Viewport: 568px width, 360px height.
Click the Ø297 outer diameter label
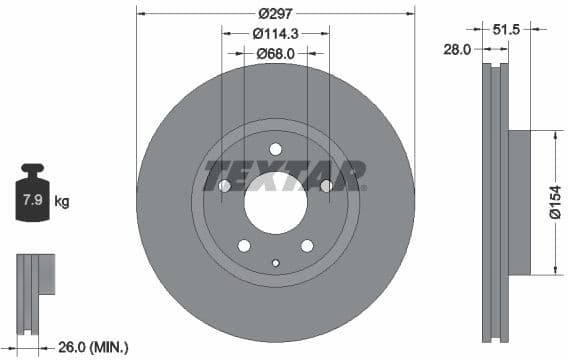click(275, 14)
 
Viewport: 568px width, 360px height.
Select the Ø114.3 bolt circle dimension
click(275, 33)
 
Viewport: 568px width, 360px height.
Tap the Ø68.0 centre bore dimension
click(275, 53)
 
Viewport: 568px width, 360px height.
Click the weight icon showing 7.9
click(32, 199)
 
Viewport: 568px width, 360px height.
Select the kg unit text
click(62, 202)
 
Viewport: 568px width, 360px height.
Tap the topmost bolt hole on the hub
click(275, 149)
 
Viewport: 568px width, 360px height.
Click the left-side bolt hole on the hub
click(224, 186)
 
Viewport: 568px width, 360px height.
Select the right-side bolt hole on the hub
click(326, 186)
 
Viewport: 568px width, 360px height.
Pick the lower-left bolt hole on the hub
click(244, 246)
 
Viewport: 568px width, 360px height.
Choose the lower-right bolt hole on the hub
click(307, 246)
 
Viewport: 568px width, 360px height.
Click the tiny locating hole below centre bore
click(275, 263)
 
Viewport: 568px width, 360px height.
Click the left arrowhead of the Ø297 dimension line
click(140, 14)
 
